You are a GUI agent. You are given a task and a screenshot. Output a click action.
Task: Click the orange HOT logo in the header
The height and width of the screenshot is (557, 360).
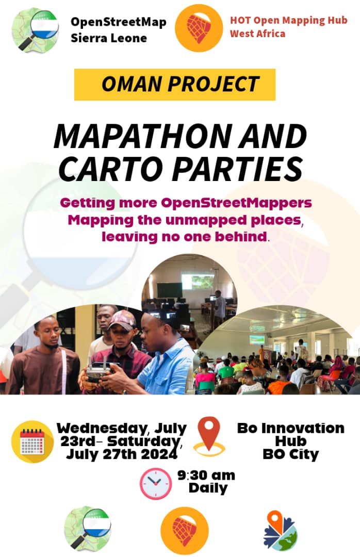[x=199, y=27]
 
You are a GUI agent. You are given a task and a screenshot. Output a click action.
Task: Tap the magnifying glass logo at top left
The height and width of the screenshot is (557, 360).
[x=35, y=30]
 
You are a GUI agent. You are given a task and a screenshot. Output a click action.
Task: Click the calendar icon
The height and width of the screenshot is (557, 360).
[x=32, y=442]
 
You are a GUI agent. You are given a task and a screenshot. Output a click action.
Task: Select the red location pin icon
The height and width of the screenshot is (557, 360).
[x=209, y=436]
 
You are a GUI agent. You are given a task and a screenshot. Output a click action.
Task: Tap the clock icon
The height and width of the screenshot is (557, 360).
[x=156, y=483]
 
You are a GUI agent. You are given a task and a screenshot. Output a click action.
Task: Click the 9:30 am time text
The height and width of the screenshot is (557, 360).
[x=206, y=474]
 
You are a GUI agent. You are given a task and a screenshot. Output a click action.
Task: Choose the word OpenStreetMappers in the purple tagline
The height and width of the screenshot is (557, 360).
[x=237, y=202]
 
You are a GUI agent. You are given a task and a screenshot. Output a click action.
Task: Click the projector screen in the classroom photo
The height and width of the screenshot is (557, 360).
[x=198, y=281]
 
